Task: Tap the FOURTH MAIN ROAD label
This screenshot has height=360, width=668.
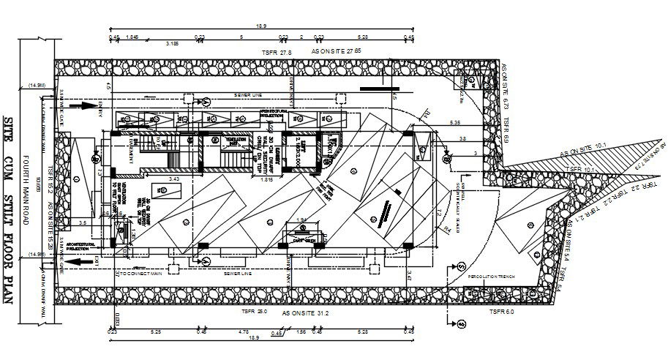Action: pos(26,180)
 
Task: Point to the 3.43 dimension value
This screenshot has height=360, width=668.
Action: pos(174,179)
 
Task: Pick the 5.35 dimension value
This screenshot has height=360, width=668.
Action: pos(455,121)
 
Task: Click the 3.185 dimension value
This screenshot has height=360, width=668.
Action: pos(173,44)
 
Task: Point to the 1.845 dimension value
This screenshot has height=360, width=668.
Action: pos(132,37)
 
